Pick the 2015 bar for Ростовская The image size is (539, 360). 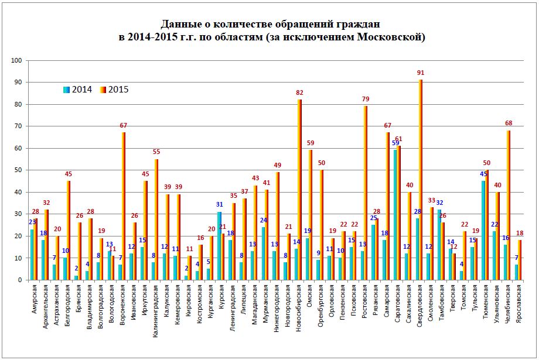(x=366, y=193)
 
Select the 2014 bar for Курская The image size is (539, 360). (x=219, y=246)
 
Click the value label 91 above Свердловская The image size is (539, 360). (x=421, y=73)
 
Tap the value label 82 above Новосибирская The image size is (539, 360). (x=300, y=93)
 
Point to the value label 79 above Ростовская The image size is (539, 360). (x=366, y=100)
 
